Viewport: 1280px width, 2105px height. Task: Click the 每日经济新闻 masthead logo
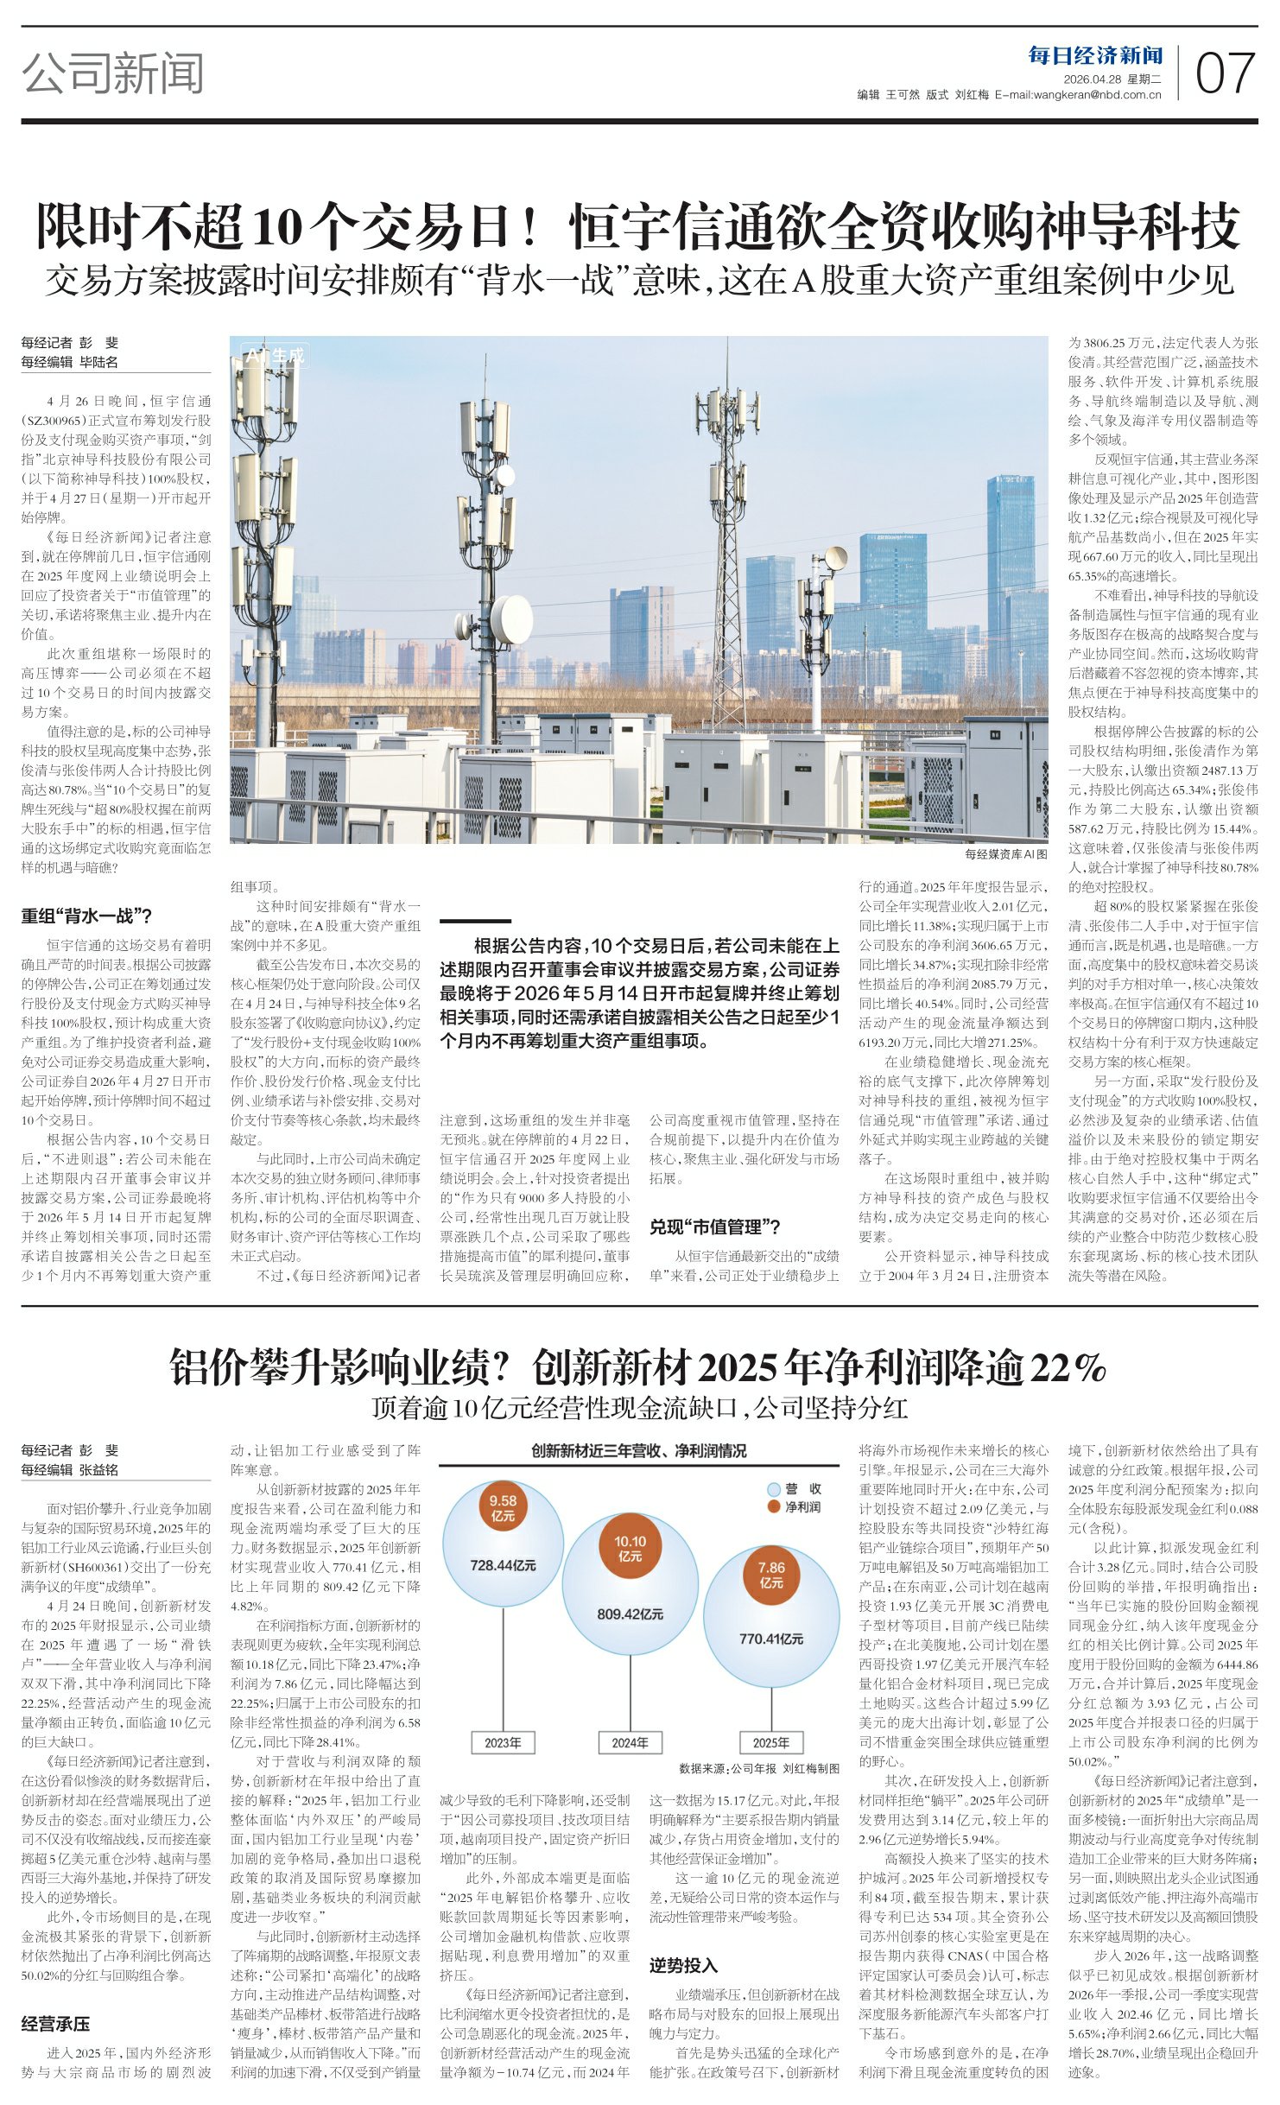click(x=1095, y=56)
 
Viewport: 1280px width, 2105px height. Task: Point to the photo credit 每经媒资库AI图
click(x=1005, y=853)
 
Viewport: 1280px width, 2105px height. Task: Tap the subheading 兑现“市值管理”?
click(x=714, y=1227)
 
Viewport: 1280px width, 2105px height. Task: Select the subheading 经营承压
click(x=55, y=2024)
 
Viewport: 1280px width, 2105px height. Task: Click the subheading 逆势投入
click(x=683, y=1965)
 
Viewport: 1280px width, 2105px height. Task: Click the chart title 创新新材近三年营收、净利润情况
click(x=639, y=1450)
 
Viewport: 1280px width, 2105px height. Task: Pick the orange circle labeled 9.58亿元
click(x=503, y=1508)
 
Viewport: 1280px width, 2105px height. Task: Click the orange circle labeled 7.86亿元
click(x=770, y=1575)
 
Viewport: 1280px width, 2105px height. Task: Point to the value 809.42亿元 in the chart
click(x=630, y=1614)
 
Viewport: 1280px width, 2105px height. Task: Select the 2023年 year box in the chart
click(x=503, y=1742)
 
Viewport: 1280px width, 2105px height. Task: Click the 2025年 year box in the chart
click(x=770, y=1742)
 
